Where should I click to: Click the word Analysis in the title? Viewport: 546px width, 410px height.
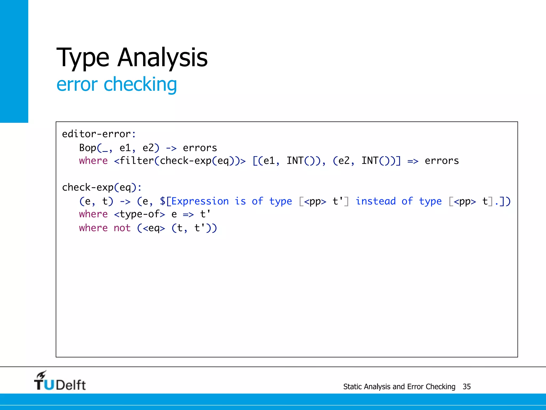pyautogui.click(x=162, y=57)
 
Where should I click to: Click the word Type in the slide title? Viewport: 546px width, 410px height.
pyautogui.click(x=83, y=57)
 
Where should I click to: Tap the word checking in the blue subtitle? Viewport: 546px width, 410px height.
pyautogui.click(x=140, y=84)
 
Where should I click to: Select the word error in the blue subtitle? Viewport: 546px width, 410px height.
pyautogui.click(x=77, y=84)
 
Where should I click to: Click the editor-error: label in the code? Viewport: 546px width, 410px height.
pyautogui.click(x=99, y=134)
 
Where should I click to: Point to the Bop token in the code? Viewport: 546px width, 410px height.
pyautogui.click(x=87, y=148)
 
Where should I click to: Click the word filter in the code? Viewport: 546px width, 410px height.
pyautogui.click(x=137, y=161)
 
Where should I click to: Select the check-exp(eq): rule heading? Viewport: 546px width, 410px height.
pyautogui.click(x=102, y=187)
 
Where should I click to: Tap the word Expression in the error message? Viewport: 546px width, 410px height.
pyautogui.click(x=200, y=201)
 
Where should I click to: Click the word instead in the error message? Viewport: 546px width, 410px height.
pyautogui.click(x=376, y=201)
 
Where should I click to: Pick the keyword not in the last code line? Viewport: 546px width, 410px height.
pyautogui.click(x=122, y=228)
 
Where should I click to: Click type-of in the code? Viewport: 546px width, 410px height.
pyautogui.click(x=139, y=214)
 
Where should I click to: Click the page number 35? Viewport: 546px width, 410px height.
pyautogui.click(x=467, y=387)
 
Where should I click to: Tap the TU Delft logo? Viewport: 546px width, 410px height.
pyautogui.click(x=60, y=382)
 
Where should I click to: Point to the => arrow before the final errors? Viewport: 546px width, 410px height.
pyautogui.click(x=413, y=161)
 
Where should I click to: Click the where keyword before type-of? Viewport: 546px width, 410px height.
pyautogui.click(x=93, y=214)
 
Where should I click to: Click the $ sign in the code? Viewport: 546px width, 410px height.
pyautogui.click(x=163, y=201)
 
